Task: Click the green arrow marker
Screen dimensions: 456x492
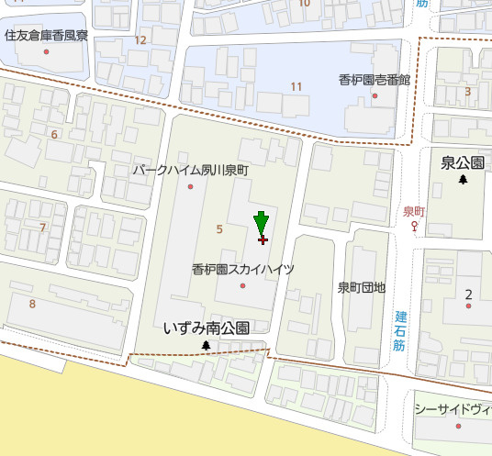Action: tap(262, 223)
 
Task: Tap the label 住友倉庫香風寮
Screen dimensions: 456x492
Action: tap(46, 36)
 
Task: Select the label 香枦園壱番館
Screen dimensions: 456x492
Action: tap(374, 80)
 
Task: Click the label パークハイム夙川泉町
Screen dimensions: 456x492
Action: tap(190, 171)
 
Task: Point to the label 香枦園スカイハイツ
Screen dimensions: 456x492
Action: tap(243, 270)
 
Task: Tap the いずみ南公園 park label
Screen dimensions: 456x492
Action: tap(206, 328)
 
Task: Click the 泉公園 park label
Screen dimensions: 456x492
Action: tap(462, 163)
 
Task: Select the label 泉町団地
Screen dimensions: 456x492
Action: tap(361, 287)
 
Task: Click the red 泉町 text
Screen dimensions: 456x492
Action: tap(415, 210)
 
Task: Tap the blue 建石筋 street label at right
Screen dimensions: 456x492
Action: tap(400, 331)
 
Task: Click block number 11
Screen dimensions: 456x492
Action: tap(296, 87)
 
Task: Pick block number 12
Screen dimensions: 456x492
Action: tap(140, 40)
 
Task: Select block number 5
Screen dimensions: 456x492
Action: tap(219, 228)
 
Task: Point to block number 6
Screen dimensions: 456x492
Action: tap(54, 135)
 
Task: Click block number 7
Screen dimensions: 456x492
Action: tap(42, 227)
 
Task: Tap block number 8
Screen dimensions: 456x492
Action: tap(32, 304)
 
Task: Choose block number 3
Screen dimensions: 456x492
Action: tap(467, 91)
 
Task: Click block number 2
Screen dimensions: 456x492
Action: tap(468, 294)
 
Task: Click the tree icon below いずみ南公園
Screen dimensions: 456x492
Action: tap(206, 346)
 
